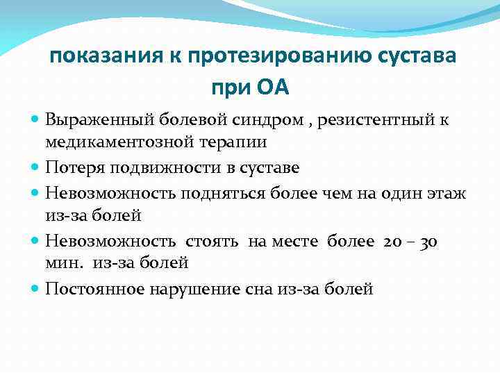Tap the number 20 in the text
tap(391, 241)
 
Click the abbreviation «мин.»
tap(62, 262)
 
